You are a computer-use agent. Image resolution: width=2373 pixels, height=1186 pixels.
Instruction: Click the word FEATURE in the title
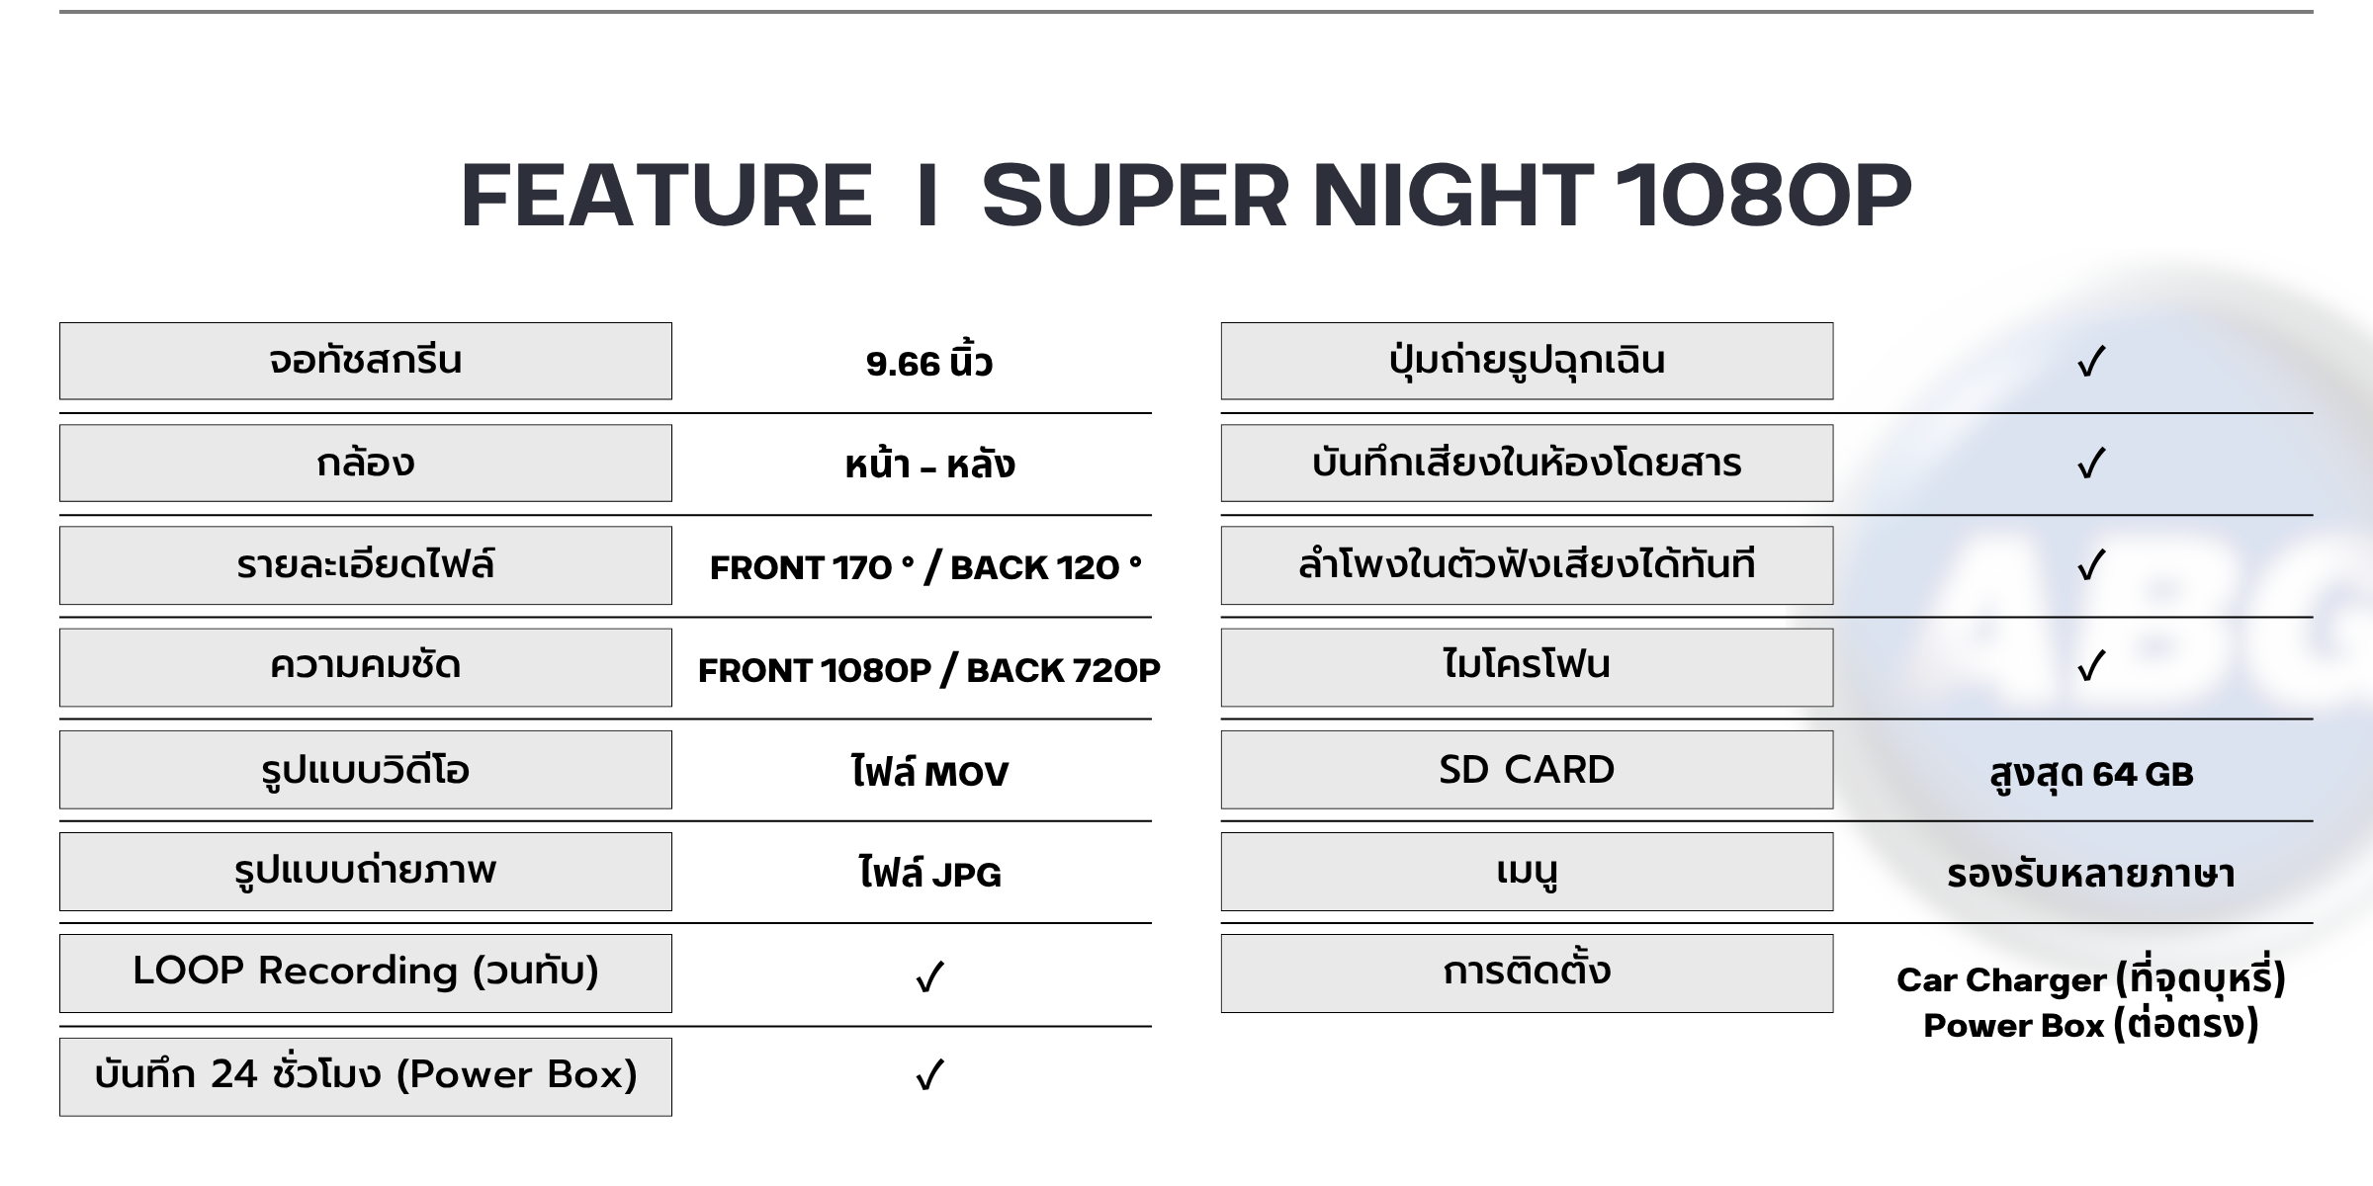pos(666,195)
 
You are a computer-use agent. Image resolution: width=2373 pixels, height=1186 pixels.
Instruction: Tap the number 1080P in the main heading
pos(1763,195)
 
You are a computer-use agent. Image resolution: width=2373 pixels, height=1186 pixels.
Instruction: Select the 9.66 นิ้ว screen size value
pos(929,362)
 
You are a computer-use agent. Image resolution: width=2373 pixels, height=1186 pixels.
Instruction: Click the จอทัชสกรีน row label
pos(366,361)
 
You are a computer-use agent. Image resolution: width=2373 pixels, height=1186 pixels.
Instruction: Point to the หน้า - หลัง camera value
pos(929,464)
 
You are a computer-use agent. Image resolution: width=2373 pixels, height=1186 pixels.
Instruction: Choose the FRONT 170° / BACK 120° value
pos(925,567)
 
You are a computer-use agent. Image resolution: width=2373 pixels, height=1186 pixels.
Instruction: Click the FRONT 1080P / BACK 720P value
pos(929,670)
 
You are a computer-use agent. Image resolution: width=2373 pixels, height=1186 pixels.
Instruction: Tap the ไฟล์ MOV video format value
pos(929,772)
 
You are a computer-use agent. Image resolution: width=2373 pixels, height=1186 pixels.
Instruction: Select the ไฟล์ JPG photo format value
pos(929,874)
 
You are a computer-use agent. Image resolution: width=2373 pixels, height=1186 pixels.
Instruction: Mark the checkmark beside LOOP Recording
pos(929,977)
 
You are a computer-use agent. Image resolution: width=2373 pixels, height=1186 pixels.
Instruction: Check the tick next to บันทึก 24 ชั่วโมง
pos(929,1075)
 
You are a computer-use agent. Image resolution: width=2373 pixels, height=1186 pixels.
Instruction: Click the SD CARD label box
pos(1527,770)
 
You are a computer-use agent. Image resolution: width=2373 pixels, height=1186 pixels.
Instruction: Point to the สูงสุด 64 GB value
pos(2091,773)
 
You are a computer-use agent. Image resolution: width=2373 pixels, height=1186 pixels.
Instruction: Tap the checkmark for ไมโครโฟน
pos(2091,667)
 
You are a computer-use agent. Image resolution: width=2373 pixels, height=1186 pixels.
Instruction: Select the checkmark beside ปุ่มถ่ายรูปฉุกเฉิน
pos(2091,362)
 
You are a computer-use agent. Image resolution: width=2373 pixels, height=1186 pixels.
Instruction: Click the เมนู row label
pos(1527,872)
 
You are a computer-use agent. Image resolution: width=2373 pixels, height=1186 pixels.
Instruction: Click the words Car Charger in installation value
pos(2002,979)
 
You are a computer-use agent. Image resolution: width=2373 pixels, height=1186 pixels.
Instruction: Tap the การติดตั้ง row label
pos(1527,974)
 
